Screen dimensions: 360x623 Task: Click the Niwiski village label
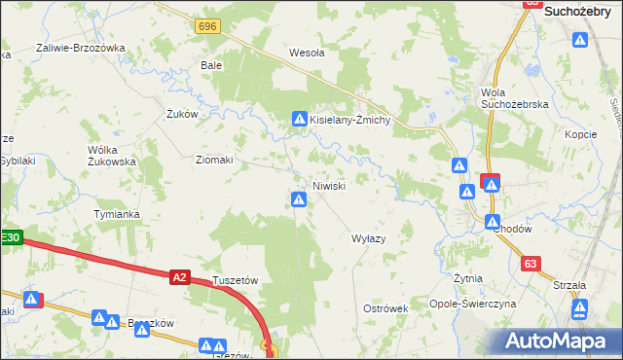(328, 186)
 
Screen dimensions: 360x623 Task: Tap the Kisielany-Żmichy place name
(350, 119)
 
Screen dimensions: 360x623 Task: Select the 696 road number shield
(205, 26)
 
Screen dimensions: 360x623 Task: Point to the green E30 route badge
(10, 236)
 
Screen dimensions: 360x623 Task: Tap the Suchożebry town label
(583, 12)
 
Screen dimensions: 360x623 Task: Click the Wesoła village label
(307, 54)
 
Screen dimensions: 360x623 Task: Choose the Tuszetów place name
(235, 280)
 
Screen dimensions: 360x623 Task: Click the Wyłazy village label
(368, 238)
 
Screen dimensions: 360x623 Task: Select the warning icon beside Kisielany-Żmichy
(300, 119)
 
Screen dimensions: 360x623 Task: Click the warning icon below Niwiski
(300, 200)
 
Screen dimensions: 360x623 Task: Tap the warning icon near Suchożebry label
(581, 41)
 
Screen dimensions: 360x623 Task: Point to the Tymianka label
(117, 214)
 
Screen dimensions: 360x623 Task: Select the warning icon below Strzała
(580, 310)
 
